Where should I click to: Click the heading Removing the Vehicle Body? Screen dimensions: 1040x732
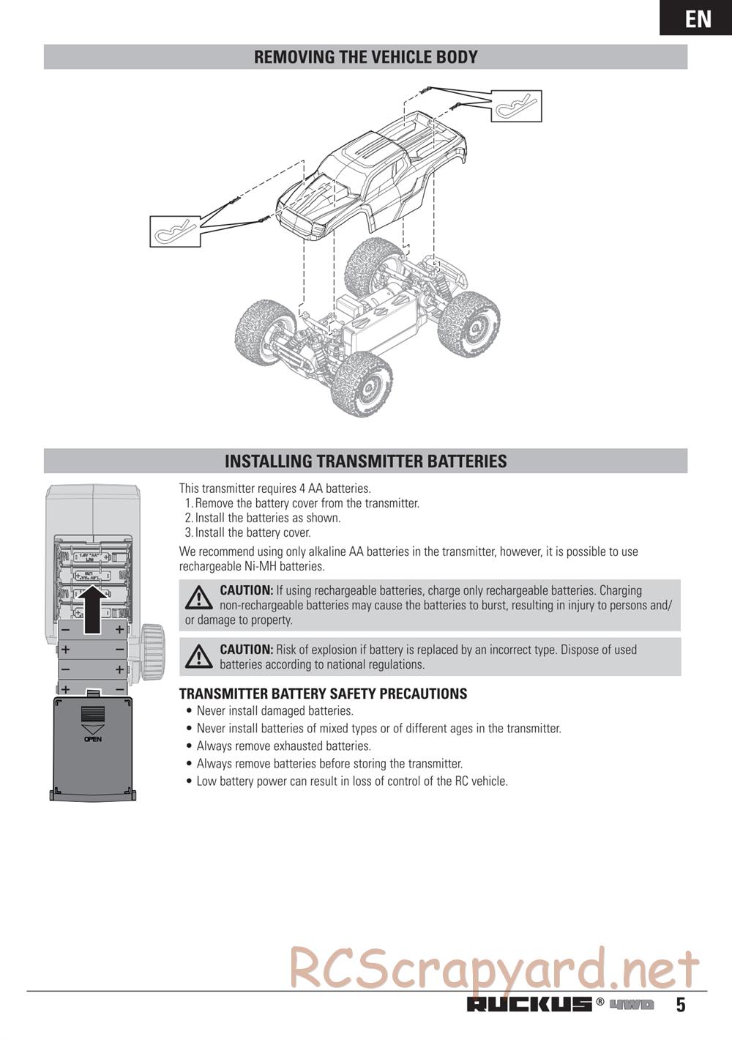(x=365, y=57)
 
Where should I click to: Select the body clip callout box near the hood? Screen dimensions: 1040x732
(x=175, y=231)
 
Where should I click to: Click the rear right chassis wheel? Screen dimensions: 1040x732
(x=468, y=323)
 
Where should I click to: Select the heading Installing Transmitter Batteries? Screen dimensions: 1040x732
(x=365, y=461)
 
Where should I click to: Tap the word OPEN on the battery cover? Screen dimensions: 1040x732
(x=93, y=739)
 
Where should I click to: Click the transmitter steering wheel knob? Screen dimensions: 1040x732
(x=153, y=650)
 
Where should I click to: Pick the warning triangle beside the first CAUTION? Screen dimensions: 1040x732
(x=198, y=598)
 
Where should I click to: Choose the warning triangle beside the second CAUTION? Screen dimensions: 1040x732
(x=198, y=656)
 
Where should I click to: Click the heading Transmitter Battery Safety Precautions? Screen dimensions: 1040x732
(x=323, y=694)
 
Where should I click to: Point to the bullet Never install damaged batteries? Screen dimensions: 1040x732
(x=274, y=710)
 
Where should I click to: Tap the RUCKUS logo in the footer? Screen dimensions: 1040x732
(x=529, y=1004)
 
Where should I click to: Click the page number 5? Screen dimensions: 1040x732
(x=681, y=1005)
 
